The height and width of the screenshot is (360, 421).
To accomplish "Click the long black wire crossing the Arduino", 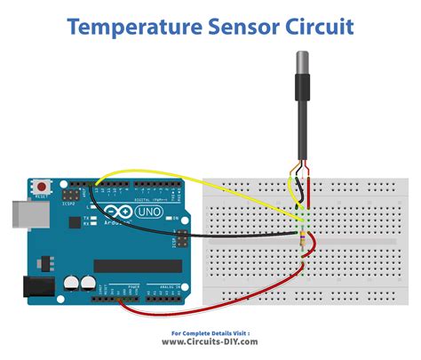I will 231,236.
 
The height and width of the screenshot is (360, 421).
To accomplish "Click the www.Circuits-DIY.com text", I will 210,341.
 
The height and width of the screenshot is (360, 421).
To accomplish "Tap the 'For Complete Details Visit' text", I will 210,332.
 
